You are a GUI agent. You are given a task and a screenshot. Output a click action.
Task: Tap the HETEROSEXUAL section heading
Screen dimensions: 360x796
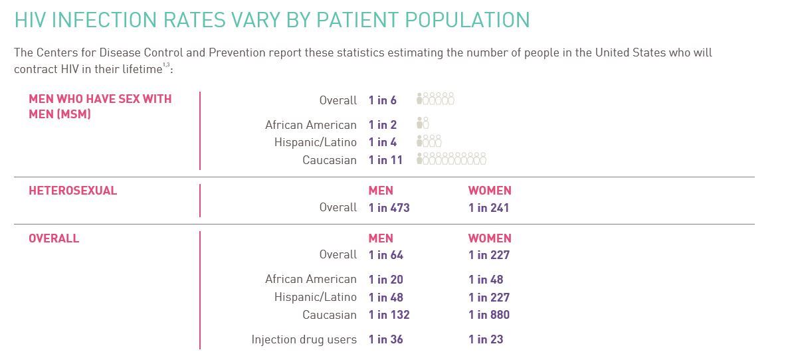click(x=72, y=191)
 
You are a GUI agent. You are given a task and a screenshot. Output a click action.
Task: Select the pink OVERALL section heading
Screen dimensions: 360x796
click(x=54, y=238)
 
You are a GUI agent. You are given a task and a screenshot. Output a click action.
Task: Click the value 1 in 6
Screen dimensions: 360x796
click(x=382, y=100)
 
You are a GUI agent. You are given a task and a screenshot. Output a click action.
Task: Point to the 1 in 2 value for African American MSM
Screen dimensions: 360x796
click(x=382, y=125)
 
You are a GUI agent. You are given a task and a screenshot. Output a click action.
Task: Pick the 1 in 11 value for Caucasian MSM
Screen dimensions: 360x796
click(x=385, y=160)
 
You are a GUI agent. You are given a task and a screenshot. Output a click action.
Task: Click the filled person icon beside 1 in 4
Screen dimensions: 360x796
click(x=420, y=141)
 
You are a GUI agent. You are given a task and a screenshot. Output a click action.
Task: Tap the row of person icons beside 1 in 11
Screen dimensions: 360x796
click(x=451, y=159)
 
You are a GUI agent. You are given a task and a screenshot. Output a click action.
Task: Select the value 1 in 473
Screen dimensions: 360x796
click(x=389, y=208)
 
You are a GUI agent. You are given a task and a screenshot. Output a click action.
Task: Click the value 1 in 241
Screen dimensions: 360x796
click(x=488, y=208)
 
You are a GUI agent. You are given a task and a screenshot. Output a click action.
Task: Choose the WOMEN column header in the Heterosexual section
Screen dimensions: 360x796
click(x=490, y=191)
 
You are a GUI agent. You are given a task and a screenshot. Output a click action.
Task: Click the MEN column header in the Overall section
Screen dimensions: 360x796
click(x=381, y=238)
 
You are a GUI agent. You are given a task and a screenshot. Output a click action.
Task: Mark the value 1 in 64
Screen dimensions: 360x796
click(x=385, y=255)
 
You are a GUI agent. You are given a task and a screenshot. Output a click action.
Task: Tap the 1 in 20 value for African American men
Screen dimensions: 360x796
click(x=385, y=280)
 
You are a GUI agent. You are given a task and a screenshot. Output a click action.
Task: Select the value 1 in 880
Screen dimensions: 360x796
click(x=488, y=315)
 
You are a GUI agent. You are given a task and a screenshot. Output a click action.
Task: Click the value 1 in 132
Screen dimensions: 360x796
click(x=389, y=315)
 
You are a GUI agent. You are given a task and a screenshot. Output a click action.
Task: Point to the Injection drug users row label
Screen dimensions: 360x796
click(x=304, y=339)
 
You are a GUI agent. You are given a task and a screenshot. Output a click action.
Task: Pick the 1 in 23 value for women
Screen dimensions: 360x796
click(x=486, y=339)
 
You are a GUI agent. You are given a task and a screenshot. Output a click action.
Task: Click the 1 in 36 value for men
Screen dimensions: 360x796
click(x=385, y=339)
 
